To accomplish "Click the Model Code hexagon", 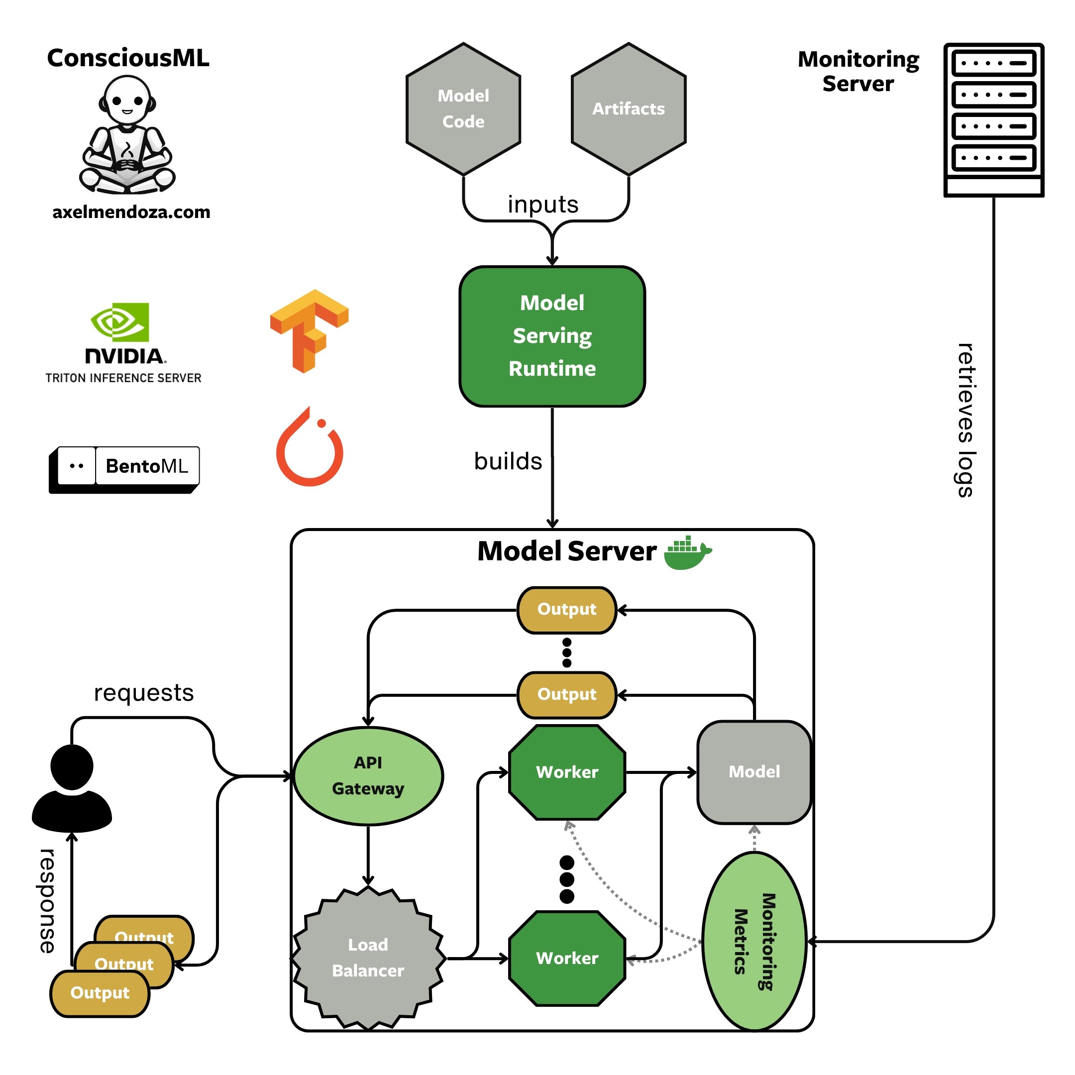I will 463,109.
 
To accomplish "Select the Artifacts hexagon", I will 628,109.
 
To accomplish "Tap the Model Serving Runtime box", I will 552,336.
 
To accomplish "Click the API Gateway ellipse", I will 368,776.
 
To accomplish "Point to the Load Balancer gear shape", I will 368,958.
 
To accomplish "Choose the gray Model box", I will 754,772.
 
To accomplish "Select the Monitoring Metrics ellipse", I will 754,942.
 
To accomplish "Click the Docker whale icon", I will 687,553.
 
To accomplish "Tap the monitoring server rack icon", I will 993,119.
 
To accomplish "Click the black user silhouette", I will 72,788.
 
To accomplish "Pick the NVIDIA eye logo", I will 119,322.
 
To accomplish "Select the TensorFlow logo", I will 310,330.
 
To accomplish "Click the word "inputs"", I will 542,204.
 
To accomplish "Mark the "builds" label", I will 508,461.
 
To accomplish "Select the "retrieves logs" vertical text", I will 966,420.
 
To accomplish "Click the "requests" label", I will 143,693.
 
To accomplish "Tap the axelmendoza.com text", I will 131,212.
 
